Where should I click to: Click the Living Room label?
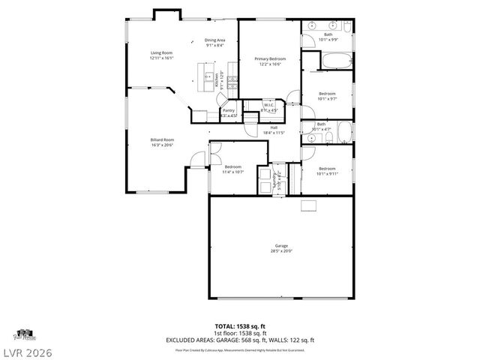tap(161, 52)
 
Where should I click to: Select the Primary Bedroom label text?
tap(269, 58)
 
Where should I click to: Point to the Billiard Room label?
tap(161, 139)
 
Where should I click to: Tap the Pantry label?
tap(228, 111)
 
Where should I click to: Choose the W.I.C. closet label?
tap(268, 105)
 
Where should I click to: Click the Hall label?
tap(274, 127)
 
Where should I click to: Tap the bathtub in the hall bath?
tap(344, 134)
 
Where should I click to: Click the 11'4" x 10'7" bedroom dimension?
tap(232, 172)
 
